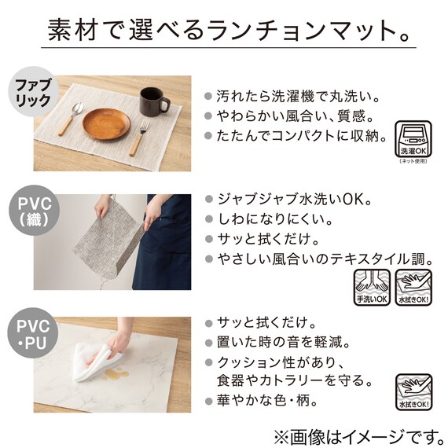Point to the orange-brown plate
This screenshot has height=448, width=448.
[x=105, y=123]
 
